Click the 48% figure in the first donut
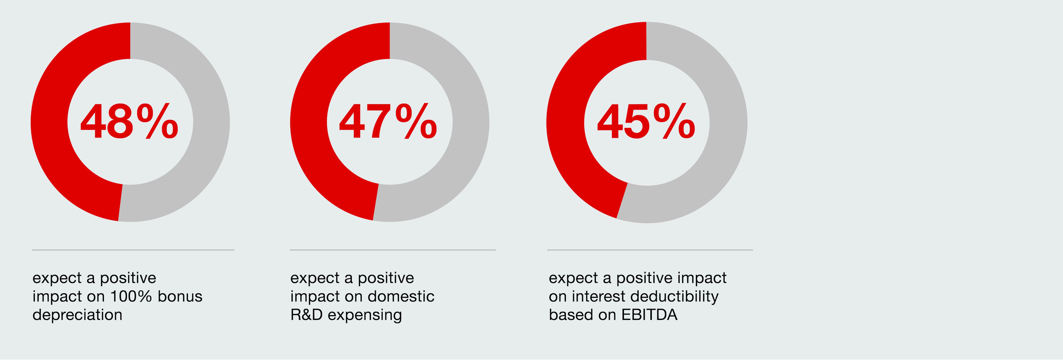coord(129,122)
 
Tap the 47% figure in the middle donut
coord(388,122)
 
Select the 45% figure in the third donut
coord(646,122)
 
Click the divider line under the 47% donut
coord(392,250)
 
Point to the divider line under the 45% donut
coord(650,250)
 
